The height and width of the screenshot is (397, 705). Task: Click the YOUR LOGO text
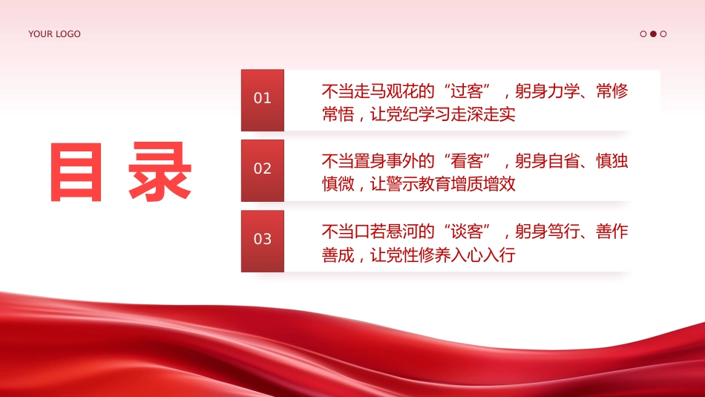click(54, 34)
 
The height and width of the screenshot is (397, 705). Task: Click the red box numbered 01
click(263, 99)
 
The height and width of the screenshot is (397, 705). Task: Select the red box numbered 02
click(263, 170)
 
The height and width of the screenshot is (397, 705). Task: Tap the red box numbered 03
click(263, 240)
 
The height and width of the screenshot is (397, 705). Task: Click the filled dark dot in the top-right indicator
click(653, 34)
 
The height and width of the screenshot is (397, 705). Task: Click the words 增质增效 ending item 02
click(483, 184)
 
